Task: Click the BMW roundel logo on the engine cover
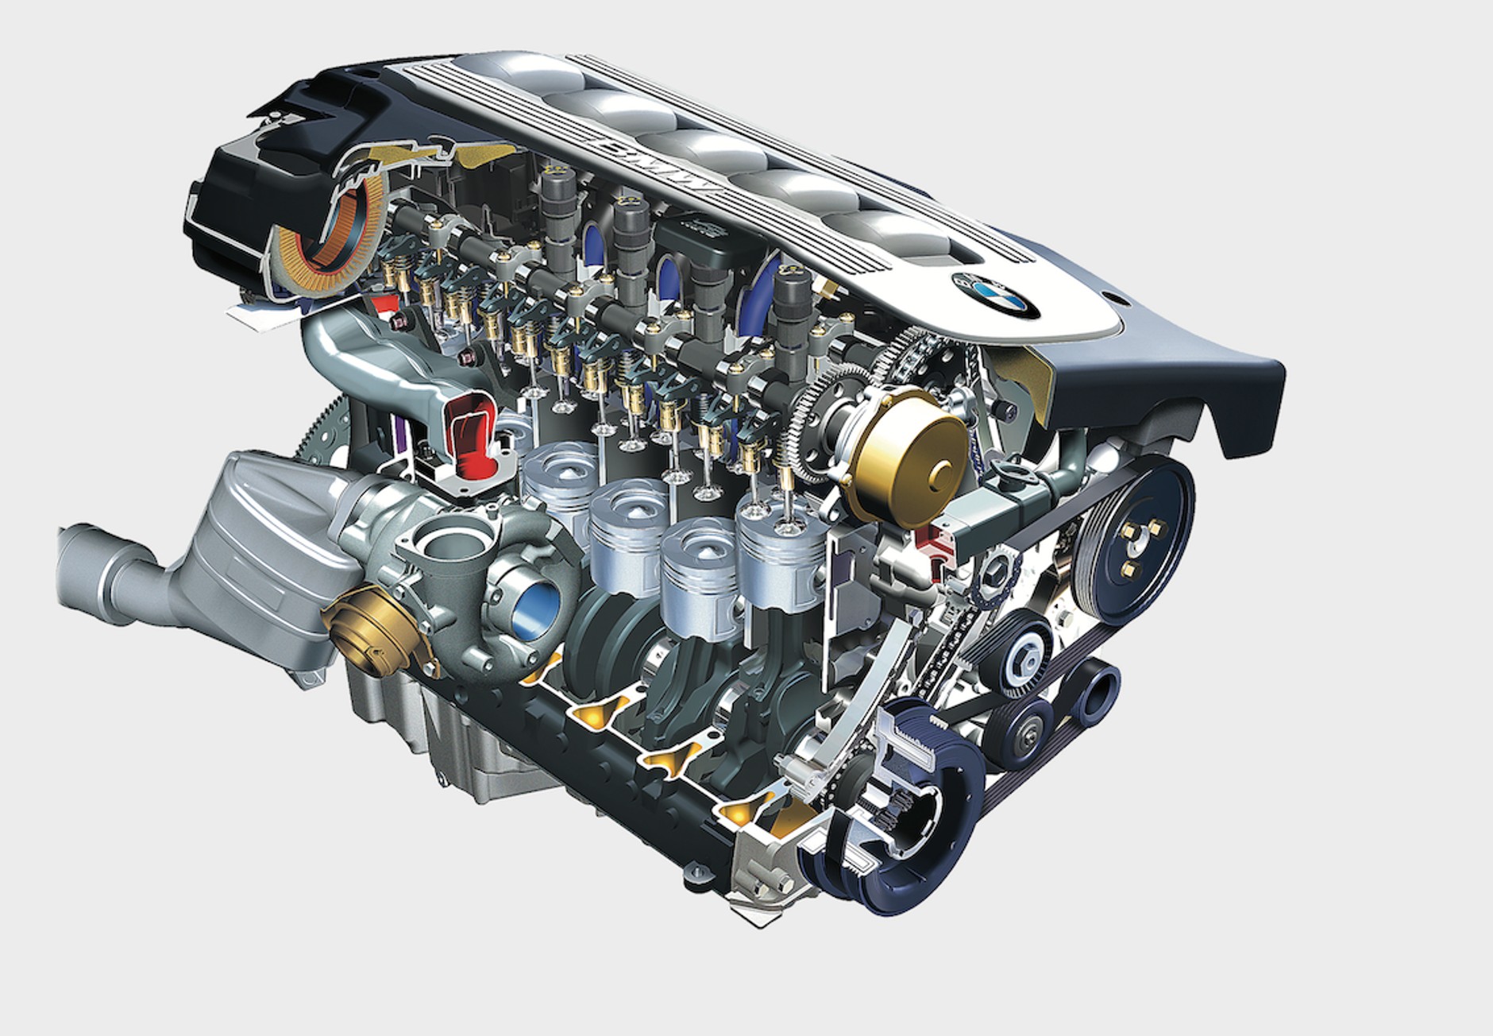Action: tap(996, 295)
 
